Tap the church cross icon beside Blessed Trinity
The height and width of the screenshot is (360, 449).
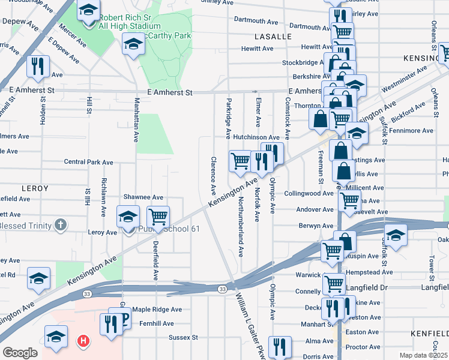coord(59,226)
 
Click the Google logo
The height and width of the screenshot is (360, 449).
coord(20,353)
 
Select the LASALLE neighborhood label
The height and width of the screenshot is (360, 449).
coord(273,37)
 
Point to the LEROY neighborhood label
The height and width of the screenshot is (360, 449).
coord(34,188)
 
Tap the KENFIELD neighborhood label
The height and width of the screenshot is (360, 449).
coord(429,332)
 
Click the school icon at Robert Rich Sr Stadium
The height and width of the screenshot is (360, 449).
coord(89,11)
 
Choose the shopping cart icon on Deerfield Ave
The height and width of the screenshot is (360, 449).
coord(158,217)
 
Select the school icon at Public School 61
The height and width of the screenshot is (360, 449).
coord(128,217)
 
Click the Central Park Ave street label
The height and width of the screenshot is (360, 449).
coord(88,162)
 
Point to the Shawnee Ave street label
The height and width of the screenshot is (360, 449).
coord(143,197)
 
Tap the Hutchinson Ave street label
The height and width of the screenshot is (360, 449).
coord(257,137)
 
